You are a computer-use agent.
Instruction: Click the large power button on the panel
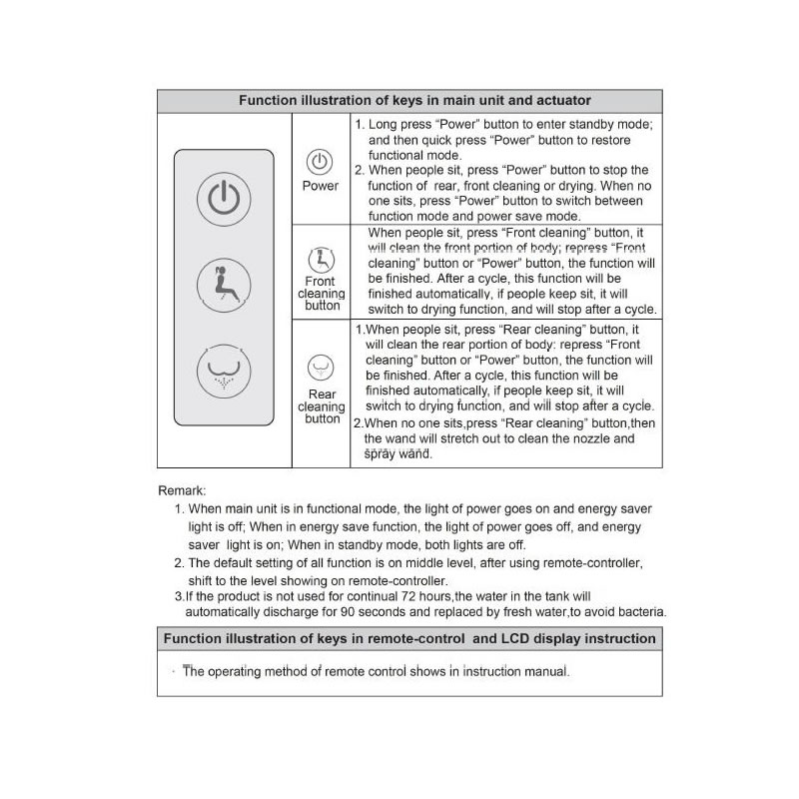pos(224,198)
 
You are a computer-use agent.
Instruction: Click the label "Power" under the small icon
pos(321,186)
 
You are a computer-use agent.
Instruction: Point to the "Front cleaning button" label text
pos(322,294)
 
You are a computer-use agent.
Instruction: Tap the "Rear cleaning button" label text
pos(322,406)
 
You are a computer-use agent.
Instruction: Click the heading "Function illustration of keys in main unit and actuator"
pos(409,101)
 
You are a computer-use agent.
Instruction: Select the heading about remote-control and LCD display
pos(409,639)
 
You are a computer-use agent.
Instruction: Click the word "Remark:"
pos(183,490)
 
